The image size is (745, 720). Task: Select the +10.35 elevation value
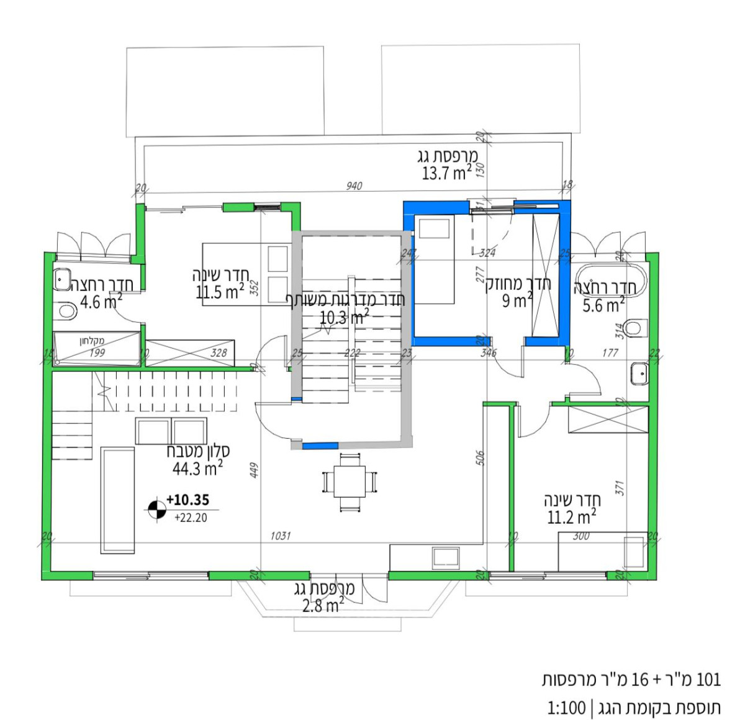[x=187, y=500]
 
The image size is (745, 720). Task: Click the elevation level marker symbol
[x=155, y=510]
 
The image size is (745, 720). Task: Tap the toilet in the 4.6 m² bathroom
[x=65, y=310]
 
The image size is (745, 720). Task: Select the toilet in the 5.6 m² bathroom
[x=634, y=327]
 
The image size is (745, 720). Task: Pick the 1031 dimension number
[x=280, y=536]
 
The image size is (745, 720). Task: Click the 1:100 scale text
[x=566, y=707]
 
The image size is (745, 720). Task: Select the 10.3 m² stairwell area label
[x=343, y=318]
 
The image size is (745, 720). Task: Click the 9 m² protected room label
[x=517, y=301]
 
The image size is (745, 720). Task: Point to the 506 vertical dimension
[x=479, y=457]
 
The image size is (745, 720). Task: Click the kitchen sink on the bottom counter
[x=446, y=558]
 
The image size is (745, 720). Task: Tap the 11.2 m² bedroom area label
[x=571, y=517]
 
